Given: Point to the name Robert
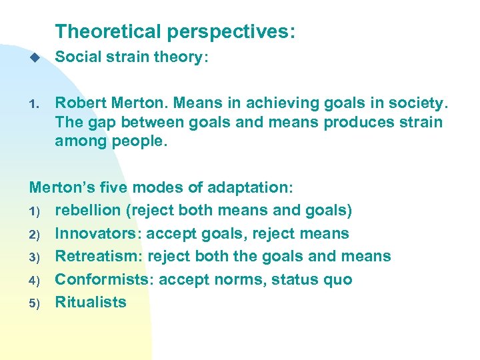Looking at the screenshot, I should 79,103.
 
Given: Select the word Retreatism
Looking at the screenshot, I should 98,256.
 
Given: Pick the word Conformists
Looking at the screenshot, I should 101,279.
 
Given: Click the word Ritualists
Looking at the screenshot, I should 90,302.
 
